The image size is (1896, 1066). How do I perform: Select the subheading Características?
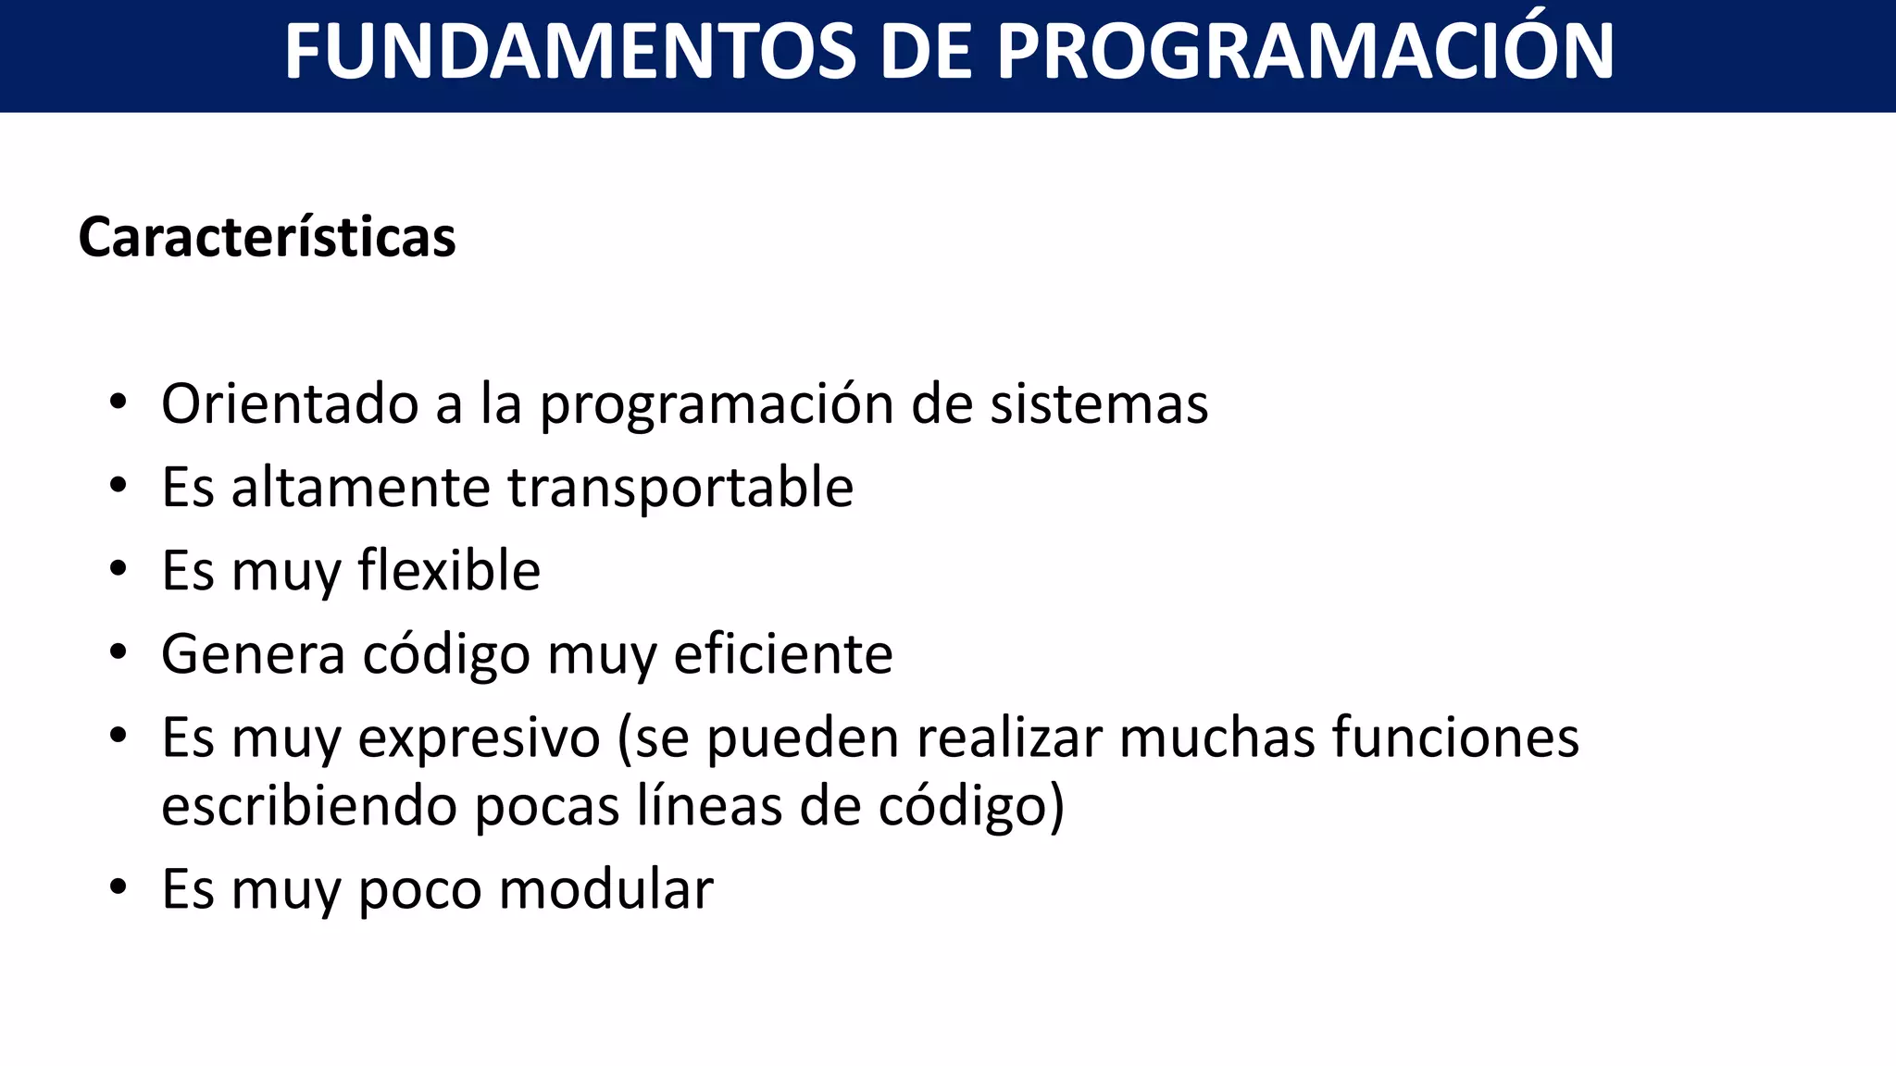tap(267, 237)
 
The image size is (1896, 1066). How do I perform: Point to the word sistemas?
tap(1099, 404)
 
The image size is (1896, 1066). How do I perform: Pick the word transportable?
tap(680, 488)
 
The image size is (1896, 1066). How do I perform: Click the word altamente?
tap(361, 488)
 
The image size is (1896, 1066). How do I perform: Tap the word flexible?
tap(449, 570)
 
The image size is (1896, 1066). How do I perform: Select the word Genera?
tap(253, 654)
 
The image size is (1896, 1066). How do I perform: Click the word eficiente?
tap(783, 654)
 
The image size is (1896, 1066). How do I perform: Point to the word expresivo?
tap(480, 738)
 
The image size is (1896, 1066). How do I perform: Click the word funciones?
tap(1455, 738)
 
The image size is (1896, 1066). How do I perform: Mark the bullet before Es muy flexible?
tap(118, 569)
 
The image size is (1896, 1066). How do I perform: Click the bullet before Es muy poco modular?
tap(118, 887)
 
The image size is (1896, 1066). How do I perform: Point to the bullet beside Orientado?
tap(118, 402)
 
